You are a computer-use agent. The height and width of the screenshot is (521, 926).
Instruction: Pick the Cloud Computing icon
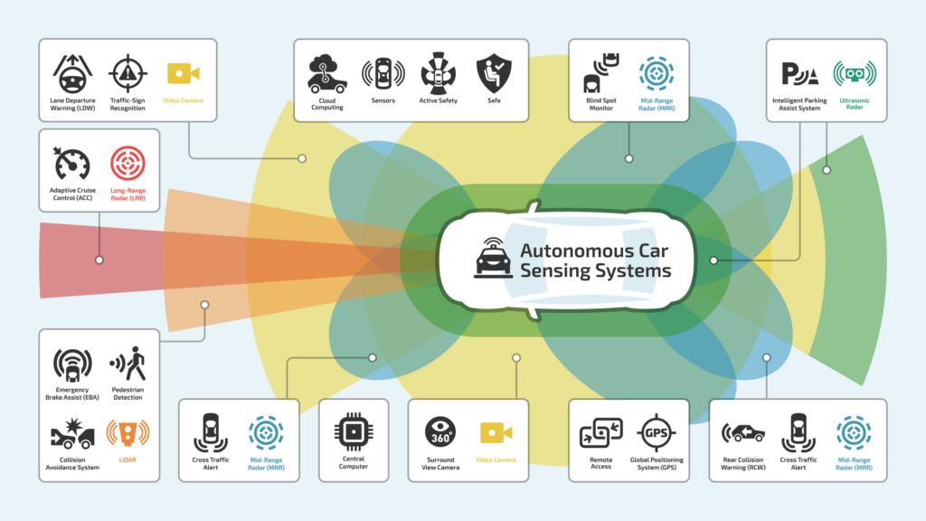click(326, 73)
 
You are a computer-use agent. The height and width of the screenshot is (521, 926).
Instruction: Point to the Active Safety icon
click(439, 73)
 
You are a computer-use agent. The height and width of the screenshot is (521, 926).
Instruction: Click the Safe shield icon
click(494, 73)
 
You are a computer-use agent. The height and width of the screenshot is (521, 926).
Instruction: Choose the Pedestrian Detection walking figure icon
click(128, 364)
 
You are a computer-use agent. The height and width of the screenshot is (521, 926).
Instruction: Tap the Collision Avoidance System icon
click(71, 435)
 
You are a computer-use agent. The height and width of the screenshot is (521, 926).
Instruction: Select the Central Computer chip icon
click(352, 431)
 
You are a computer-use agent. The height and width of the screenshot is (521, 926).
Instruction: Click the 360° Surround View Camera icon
click(441, 431)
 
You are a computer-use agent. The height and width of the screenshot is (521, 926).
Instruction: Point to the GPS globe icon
click(657, 431)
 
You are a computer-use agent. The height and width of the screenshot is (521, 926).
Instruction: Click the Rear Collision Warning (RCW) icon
click(743, 431)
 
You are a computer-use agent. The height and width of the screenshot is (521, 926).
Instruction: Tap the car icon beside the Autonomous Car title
click(494, 258)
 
